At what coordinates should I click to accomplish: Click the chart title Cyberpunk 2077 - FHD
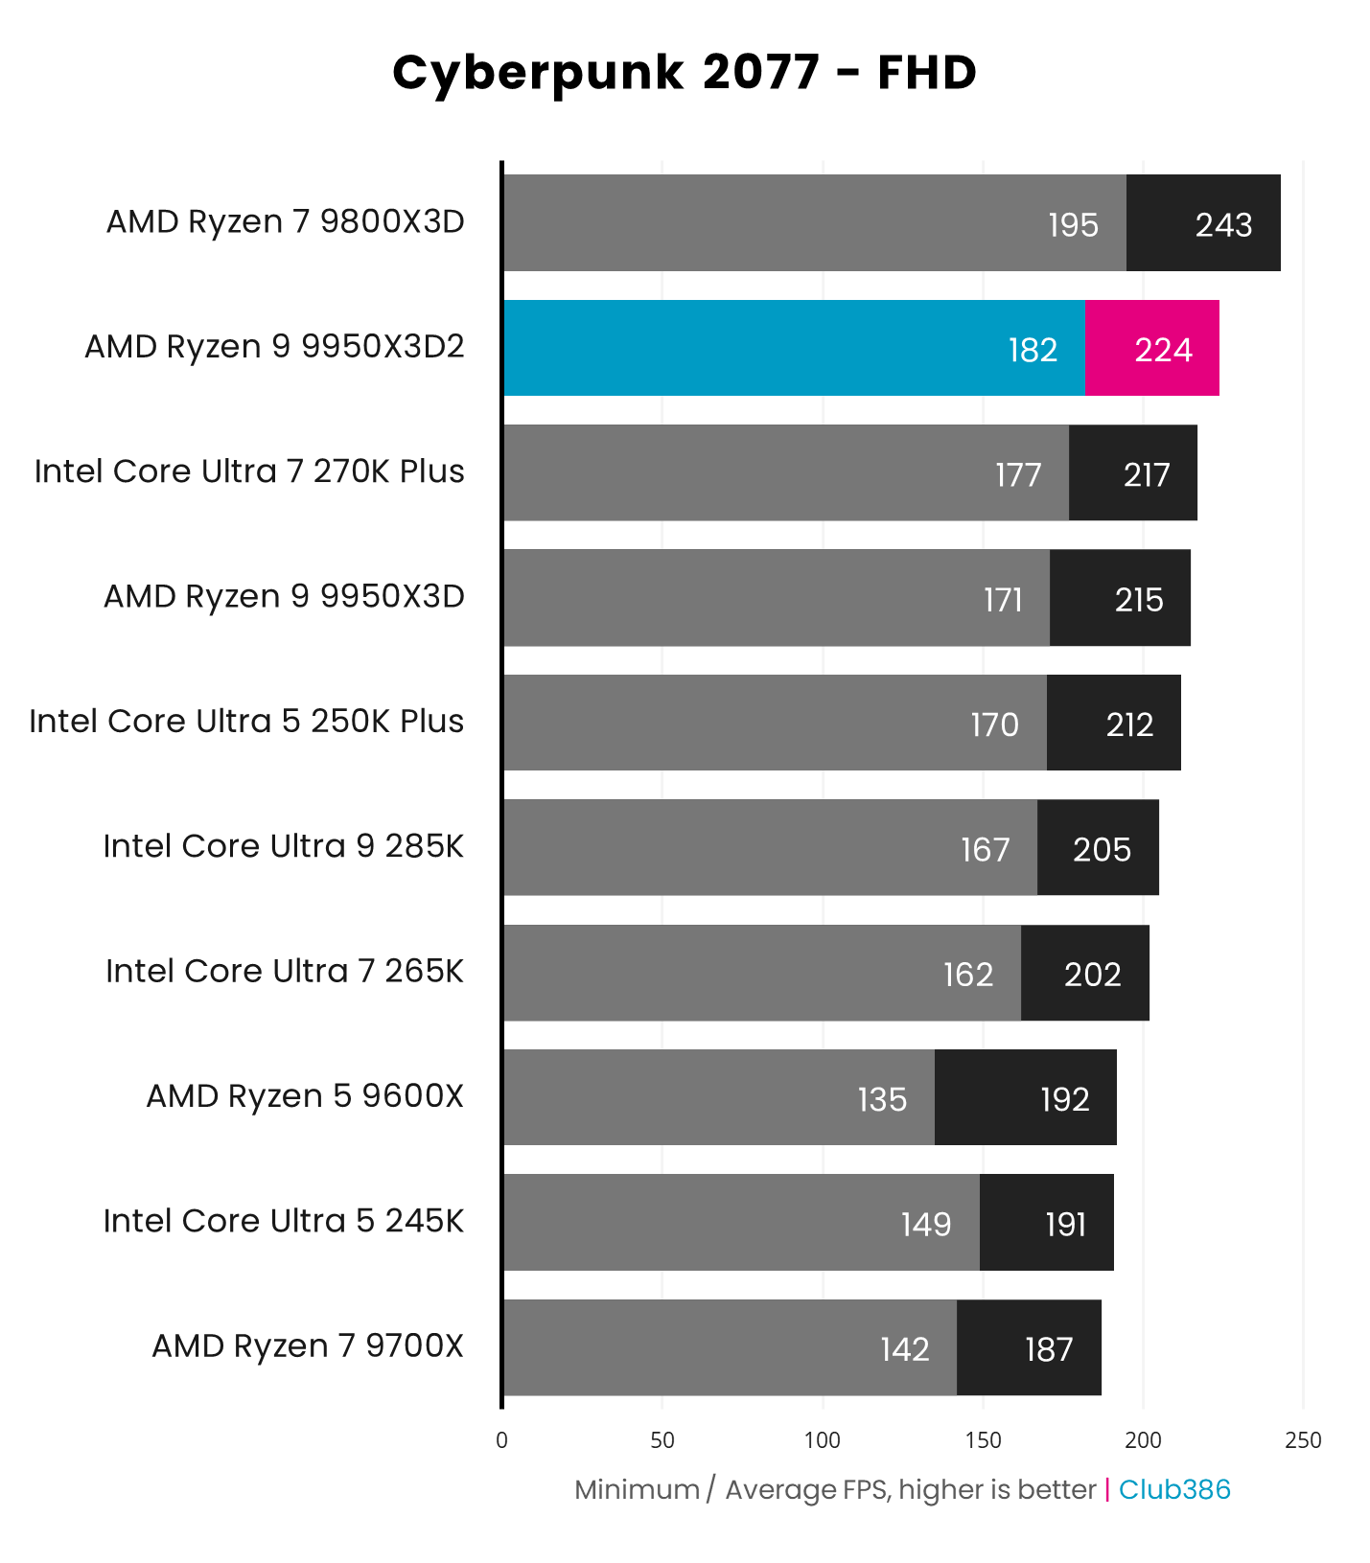(x=685, y=73)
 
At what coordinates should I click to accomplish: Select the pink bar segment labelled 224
(x=1151, y=348)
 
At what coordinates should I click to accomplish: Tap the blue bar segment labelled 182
(x=794, y=348)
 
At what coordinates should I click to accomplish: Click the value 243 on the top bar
(x=1223, y=225)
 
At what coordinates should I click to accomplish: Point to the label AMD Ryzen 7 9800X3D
(x=286, y=222)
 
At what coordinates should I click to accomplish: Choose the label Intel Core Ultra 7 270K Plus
(x=249, y=472)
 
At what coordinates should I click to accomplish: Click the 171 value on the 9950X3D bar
(x=1003, y=600)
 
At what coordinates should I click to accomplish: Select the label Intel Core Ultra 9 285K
(x=283, y=847)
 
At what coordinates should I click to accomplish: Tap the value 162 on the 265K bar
(x=967, y=975)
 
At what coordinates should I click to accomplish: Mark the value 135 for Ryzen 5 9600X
(x=881, y=1099)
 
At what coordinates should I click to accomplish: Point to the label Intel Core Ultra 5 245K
(x=283, y=1222)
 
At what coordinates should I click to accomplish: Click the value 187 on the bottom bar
(x=1048, y=1349)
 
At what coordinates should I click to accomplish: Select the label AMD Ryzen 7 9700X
(x=307, y=1346)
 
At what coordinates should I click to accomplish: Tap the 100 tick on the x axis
(x=823, y=1440)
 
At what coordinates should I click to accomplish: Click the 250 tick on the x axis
(x=1303, y=1440)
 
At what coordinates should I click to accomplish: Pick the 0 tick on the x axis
(x=502, y=1440)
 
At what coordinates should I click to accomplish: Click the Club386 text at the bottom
(x=1173, y=1490)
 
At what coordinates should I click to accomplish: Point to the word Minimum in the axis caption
(x=637, y=1490)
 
